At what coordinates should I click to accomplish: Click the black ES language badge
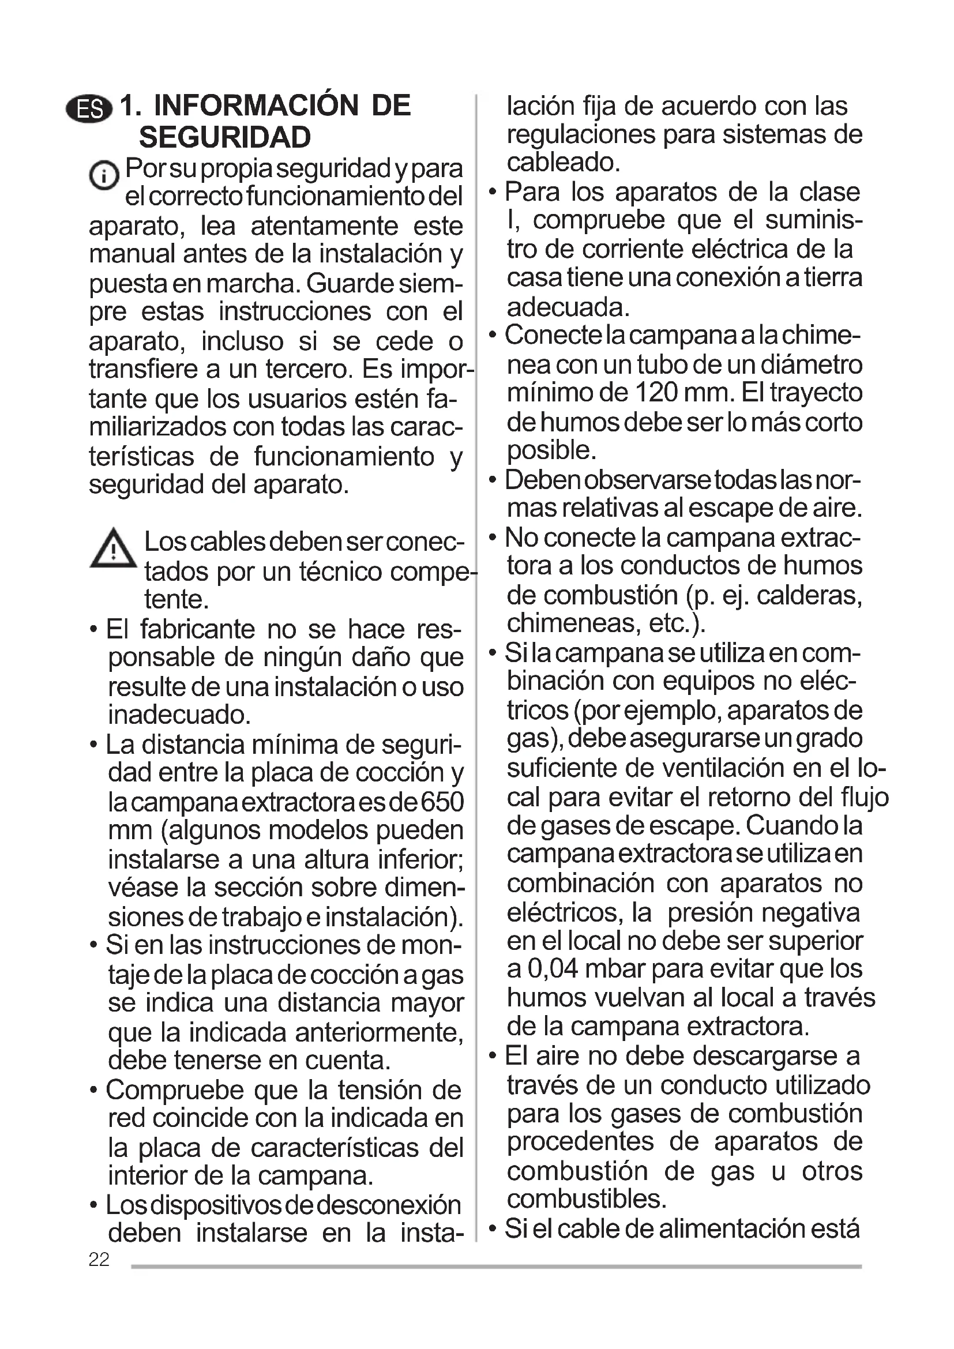(89, 108)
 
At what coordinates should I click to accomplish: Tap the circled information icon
(103, 175)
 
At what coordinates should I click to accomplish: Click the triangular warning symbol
(113, 548)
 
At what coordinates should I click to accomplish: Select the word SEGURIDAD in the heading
(225, 138)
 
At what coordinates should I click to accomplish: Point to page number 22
(99, 1259)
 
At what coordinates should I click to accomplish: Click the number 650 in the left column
(441, 802)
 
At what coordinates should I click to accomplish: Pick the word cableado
(563, 162)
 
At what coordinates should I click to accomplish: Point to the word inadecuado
(179, 715)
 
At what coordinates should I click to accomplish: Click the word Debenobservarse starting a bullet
(608, 480)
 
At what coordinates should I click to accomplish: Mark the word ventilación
(713, 768)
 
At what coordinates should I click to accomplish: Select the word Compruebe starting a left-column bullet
(174, 1090)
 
